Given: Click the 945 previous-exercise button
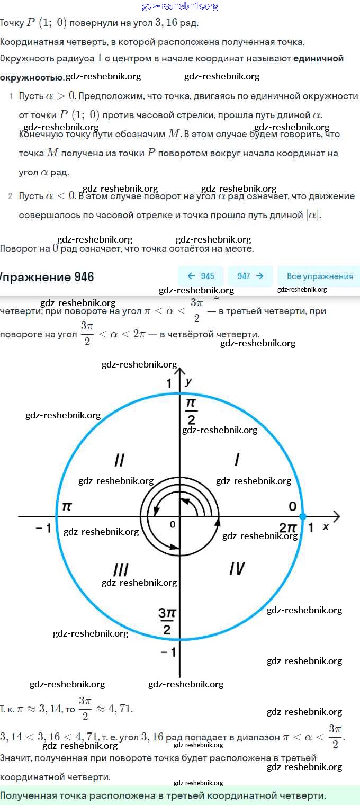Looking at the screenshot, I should point(201,276).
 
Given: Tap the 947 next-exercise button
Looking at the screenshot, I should point(250,276).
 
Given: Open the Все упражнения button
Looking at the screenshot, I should point(319,276).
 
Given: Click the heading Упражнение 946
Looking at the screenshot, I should point(47,277).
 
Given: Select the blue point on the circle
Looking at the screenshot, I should point(303,516).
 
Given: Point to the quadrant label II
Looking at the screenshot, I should point(120,460).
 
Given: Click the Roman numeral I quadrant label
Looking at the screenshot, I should point(237,460).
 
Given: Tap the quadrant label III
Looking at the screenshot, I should point(121,570).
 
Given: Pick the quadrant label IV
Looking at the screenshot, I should point(237,569).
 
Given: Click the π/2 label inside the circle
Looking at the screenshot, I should point(191,412).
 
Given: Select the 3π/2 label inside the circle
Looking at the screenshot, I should point(167,621).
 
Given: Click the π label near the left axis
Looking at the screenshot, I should point(67,506).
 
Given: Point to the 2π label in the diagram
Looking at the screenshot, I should point(289,527).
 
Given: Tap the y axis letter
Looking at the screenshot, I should point(188,381).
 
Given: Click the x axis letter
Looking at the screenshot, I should point(326,527).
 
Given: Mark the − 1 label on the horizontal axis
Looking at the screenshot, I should point(43,528).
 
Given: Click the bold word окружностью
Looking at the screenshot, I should point(31,77).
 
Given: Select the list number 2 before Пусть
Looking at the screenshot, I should point(10,196).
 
